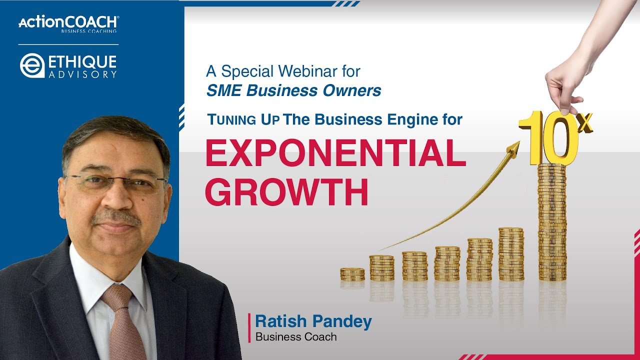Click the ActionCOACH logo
68,23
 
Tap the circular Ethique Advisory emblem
32,66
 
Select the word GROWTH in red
286,192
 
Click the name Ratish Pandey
313,321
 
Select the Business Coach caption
296,336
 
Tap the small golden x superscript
584,122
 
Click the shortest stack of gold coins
352,274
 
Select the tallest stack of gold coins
552,222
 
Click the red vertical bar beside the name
249,327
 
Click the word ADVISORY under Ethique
82,74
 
